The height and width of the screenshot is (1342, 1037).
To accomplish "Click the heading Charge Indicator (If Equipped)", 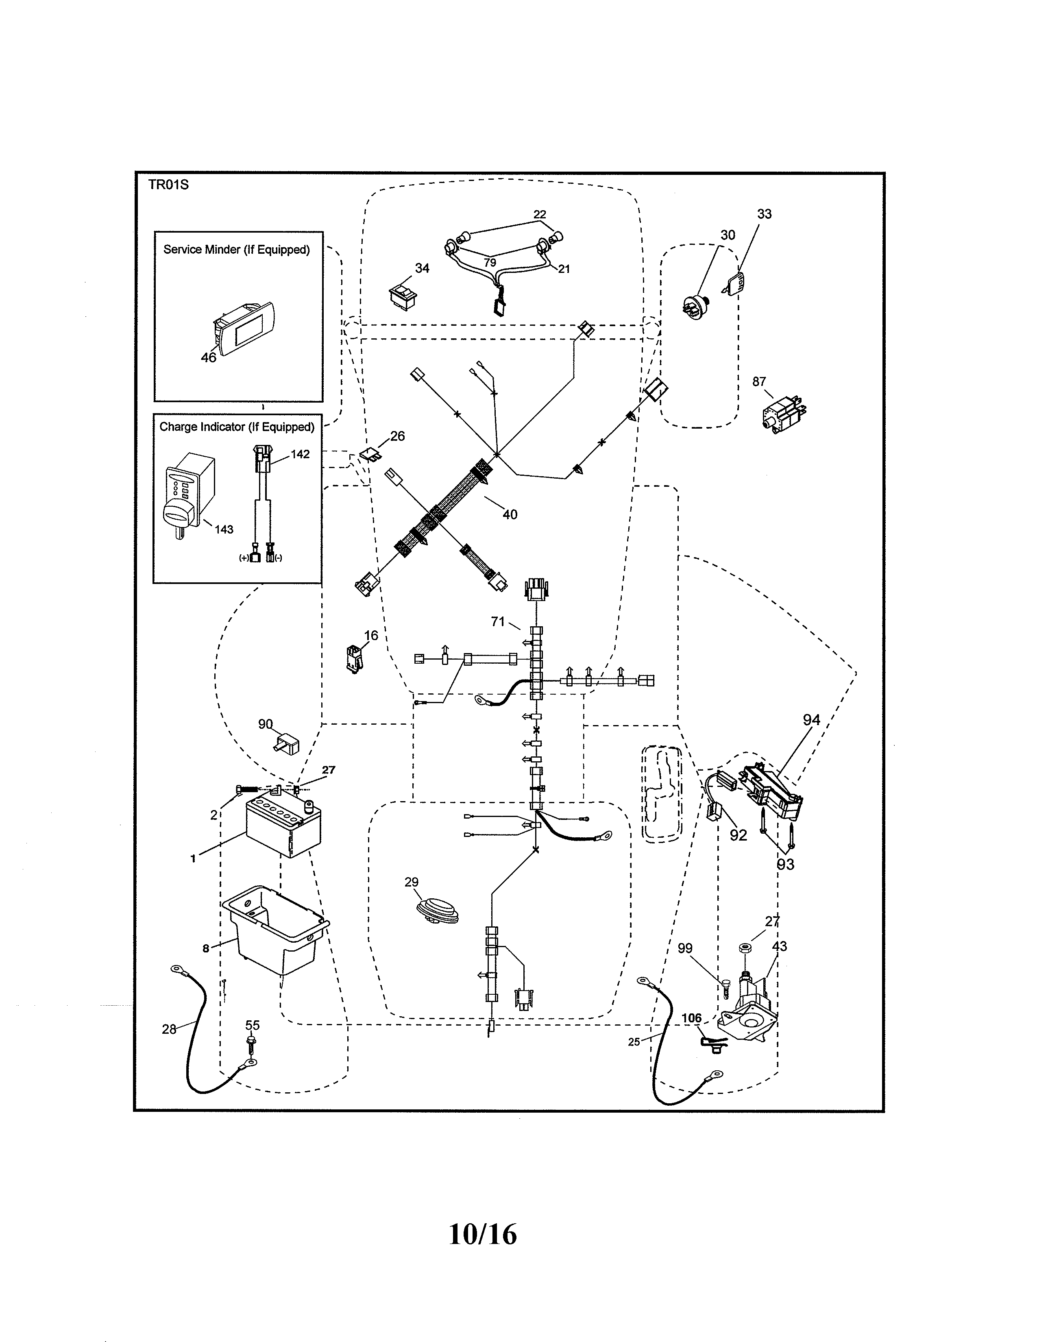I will [x=237, y=427].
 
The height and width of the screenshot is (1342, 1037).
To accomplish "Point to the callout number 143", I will [x=224, y=529].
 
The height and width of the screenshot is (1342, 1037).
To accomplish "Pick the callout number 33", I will [x=764, y=214].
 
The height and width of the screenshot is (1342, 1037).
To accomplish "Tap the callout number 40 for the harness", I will [x=510, y=515].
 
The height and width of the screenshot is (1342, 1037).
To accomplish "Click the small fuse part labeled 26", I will [x=370, y=454].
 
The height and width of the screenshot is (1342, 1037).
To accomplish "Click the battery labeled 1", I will [x=284, y=826].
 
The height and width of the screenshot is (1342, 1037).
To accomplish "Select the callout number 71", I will [x=498, y=622].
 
